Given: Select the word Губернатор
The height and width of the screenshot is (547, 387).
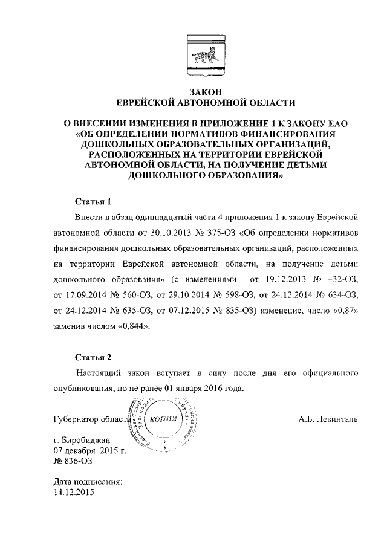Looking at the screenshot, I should click(x=77, y=419).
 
